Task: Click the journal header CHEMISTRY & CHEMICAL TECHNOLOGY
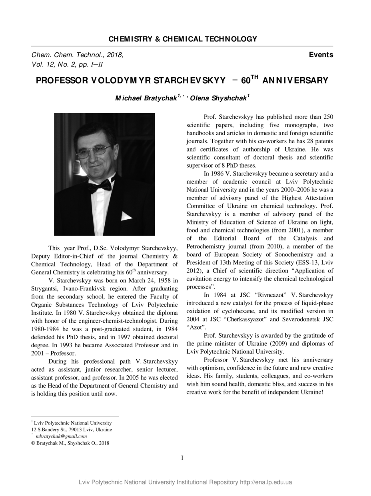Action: point(182,39)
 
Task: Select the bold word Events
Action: point(321,55)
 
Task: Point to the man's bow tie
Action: point(100,185)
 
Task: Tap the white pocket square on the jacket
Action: point(126,216)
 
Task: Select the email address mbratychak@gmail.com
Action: point(61,436)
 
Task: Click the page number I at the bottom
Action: point(182,458)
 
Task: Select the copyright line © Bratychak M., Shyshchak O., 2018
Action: point(70,443)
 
